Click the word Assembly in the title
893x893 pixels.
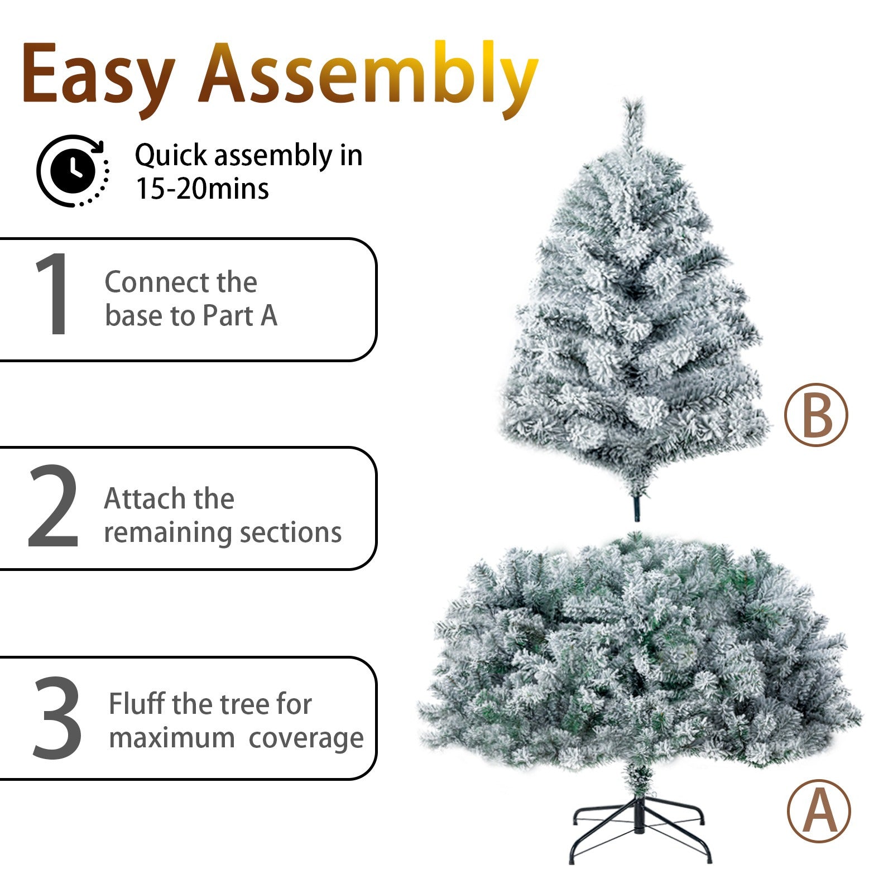(x=369, y=78)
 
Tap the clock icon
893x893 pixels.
(x=73, y=171)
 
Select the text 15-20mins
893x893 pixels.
(x=202, y=189)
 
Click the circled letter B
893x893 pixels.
(x=816, y=414)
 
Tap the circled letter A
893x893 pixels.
(x=819, y=811)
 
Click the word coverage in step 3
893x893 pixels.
(x=306, y=738)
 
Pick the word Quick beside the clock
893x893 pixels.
(x=171, y=156)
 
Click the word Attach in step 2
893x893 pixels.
(x=144, y=498)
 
